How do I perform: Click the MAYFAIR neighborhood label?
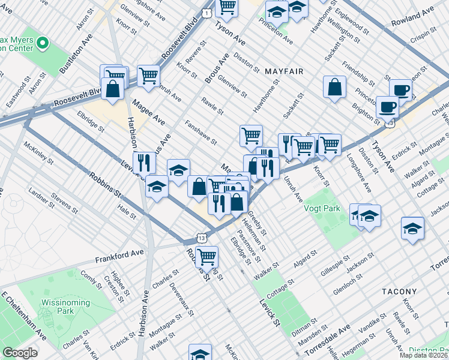pos(284,71)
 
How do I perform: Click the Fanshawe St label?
pos(201,133)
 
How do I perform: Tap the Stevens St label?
pos(64,202)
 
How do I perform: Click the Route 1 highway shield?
pos(206,13)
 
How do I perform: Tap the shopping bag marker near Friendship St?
pos(334,88)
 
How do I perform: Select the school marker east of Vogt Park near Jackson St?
pos(412,229)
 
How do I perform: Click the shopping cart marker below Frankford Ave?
pos(206,257)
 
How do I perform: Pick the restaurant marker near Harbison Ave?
pos(144,163)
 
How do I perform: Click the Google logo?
pos(20,353)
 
